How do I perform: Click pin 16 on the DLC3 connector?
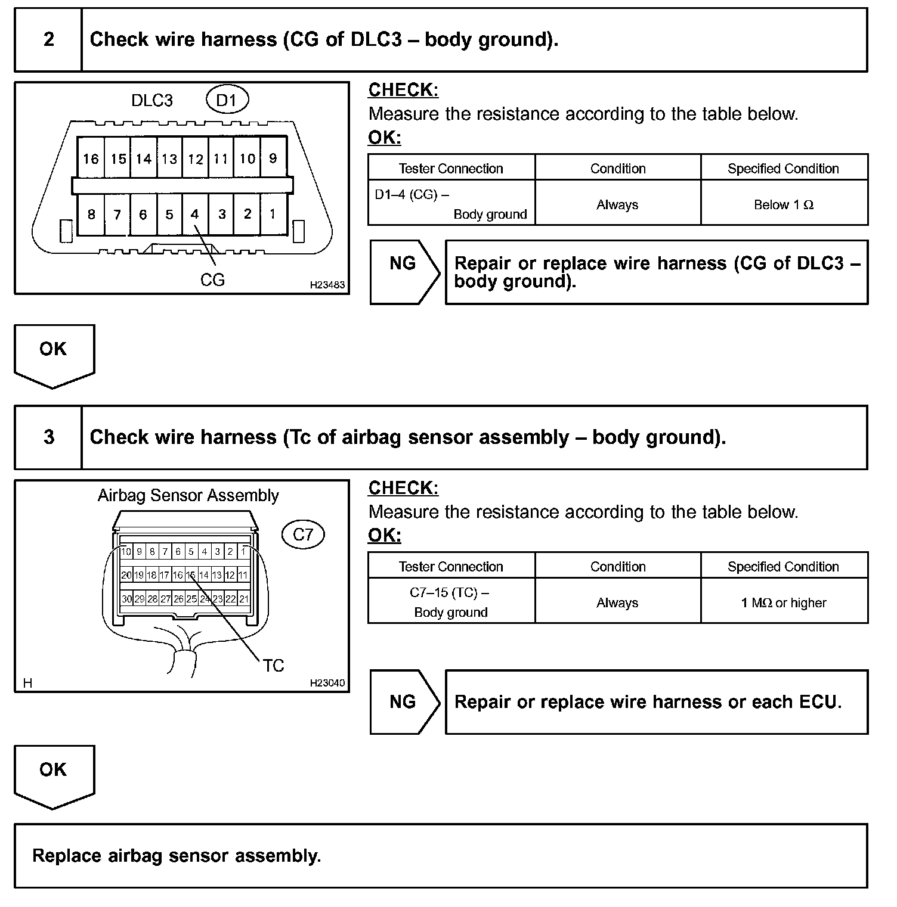point(91,159)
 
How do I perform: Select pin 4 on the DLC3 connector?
point(194,214)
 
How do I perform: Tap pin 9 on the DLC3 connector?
point(273,159)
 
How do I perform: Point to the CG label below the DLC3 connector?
point(212,279)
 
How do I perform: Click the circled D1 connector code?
point(227,100)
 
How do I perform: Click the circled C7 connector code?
point(302,535)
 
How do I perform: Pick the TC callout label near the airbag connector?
point(273,665)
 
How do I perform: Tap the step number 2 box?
point(49,40)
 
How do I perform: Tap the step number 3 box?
point(49,437)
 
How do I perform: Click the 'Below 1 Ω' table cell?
point(784,204)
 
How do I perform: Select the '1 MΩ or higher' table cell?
point(784,602)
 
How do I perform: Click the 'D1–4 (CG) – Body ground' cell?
point(451,204)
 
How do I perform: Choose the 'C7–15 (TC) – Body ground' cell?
point(451,602)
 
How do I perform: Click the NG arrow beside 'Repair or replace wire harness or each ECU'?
point(403,701)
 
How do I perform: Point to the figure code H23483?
point(327,285)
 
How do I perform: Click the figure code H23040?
point(327,683)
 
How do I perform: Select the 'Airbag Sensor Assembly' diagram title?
point(188,496)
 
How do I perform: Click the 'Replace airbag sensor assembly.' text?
point(177,856)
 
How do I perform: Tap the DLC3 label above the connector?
point(152,101)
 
